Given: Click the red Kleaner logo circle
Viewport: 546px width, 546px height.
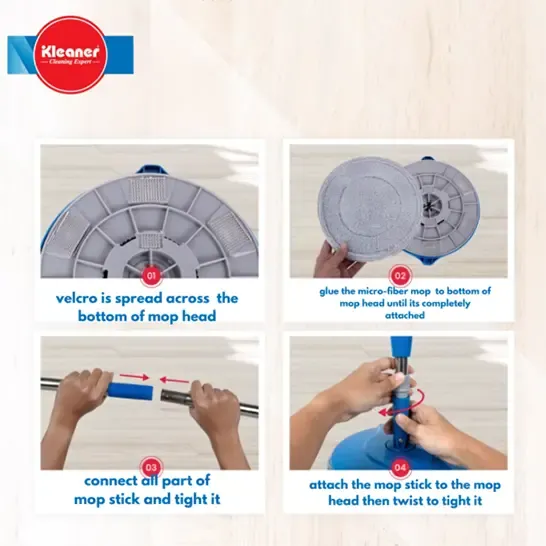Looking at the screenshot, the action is coord(71,55).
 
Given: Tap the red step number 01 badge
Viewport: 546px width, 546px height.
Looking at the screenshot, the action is coord(151,276).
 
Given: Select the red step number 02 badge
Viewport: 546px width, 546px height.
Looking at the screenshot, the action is coord(400,276).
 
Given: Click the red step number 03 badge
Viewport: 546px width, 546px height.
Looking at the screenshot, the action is coord(151,467).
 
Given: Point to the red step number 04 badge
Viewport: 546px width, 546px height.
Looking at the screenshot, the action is coord(400,467).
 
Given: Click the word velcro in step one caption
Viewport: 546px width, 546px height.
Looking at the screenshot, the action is coord(76,298).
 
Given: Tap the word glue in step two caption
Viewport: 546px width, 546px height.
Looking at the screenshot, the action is coord(329,291).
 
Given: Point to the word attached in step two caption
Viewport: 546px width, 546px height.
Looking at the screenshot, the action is coord(405,315).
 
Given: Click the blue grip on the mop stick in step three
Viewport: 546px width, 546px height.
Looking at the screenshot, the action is coord(130,391).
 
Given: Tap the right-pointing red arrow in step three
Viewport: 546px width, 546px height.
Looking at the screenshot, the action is coord(134,376).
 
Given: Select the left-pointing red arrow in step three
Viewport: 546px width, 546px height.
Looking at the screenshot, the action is coord(174,380).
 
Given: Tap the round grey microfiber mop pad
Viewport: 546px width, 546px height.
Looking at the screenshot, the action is coord(369,208).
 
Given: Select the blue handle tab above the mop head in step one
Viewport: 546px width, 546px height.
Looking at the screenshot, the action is coord(153,170).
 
